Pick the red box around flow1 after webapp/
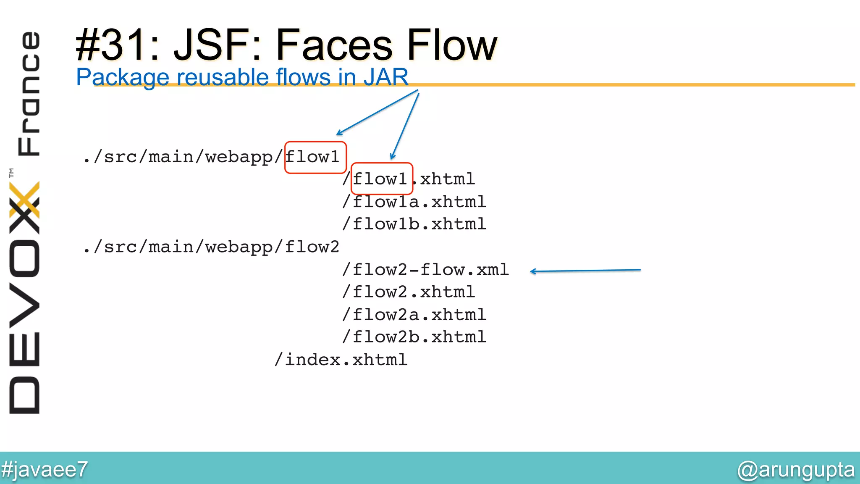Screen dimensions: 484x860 click(x=315, y=158)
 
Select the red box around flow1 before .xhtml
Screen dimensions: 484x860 click(x=382, y=179)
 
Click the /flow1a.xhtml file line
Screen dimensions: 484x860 click(x=414, y=202)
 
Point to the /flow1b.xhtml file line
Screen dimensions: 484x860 click(x=414, y=224)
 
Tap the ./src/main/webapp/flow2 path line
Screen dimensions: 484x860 click(x=211, y=247)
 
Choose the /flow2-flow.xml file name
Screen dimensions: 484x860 click(x=425, y=269)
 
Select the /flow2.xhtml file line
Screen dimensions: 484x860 click(x=409, y=292)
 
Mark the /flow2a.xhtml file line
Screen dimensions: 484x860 click(x=414, y=315)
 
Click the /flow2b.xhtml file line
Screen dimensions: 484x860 click(x=414, y=337)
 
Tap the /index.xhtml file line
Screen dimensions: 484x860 click(x=341, y=360)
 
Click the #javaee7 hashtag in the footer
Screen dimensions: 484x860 click(x=45, y=469)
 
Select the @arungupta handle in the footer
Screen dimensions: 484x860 click(x=796, y=470)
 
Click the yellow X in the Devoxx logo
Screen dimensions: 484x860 click(x=24, y=200)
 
